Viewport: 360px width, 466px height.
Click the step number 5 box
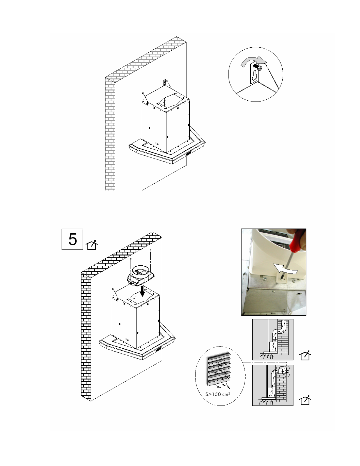pyautogui.click(x=72, y=239)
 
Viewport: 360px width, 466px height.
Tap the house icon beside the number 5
pyautogui.click(x=91, y=245)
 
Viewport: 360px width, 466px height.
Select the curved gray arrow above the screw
pyautogui.click(x=253, y=60)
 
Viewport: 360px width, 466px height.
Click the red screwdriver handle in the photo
pyautogui.click(x=297, y=239)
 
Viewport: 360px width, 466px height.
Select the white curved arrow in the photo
pyautogui.click(x=286, y=269)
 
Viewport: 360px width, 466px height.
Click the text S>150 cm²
pyautogui.click(x=218, y=394)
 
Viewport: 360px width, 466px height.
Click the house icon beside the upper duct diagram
pyautogui.click(x=305, y=356)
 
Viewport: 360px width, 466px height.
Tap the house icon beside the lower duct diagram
pyautogui.click(x=305, y=400)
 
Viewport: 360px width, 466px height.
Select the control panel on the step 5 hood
pyautogui.click(x=159, y=350)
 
